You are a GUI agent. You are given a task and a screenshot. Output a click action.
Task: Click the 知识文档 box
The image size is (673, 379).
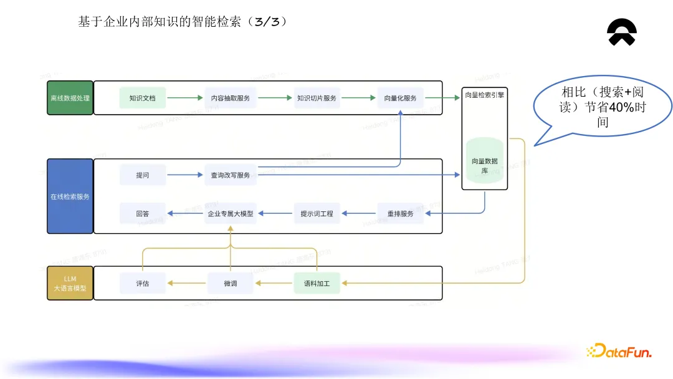tap(143, 98)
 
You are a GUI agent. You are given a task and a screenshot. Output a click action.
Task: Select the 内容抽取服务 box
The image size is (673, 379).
tap(231, 98)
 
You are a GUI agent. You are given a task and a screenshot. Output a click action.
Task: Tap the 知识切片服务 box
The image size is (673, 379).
tap(317, 98)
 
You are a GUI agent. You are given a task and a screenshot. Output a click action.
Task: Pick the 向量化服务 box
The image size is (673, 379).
tap(400, 98)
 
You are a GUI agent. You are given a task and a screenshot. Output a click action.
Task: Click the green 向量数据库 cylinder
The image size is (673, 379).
tap(484, 161)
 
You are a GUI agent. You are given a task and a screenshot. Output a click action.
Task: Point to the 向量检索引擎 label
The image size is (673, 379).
tap(484, 95)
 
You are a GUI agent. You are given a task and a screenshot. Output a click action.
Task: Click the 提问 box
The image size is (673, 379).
tap(143, 175)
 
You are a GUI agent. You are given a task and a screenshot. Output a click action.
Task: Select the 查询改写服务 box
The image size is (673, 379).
tap(231, 175)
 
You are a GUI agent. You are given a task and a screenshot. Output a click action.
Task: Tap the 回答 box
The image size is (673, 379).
tap(143, 213)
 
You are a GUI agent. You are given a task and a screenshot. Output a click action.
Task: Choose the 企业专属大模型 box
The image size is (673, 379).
tap(231, 213)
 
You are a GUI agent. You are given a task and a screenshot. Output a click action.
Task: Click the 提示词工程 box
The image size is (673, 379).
tap(317, 213)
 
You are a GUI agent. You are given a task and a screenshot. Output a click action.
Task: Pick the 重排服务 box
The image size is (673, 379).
tap(400, 213)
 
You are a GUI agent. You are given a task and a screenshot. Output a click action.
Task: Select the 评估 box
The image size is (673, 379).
tap(143, 284)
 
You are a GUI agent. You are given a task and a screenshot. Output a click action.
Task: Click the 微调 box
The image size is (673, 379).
tap(231, 284)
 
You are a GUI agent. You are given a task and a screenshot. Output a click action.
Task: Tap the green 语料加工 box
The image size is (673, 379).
tap(317, 284)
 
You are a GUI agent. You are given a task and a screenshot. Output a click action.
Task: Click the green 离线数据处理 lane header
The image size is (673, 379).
tap(70, 98)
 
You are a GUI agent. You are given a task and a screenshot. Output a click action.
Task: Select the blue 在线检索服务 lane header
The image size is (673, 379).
tap(70, 196)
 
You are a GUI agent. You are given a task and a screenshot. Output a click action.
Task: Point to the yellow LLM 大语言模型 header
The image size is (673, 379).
tap(70, 283)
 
